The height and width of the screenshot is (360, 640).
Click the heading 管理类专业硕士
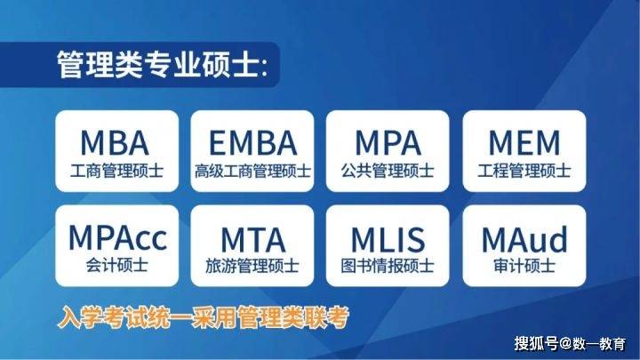158,65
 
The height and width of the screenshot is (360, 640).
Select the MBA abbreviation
115,143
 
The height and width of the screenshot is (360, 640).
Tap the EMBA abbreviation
252,143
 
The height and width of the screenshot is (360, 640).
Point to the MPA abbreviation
388,143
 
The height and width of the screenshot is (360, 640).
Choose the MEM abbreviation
524,143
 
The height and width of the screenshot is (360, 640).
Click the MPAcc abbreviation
117,238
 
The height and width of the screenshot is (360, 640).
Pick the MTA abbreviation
252,240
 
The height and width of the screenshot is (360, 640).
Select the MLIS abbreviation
388,240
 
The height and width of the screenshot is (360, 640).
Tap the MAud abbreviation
524,239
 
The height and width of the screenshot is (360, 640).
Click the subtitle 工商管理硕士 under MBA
116,171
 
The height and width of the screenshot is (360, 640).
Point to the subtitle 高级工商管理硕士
252,171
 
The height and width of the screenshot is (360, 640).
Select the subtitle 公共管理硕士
388,171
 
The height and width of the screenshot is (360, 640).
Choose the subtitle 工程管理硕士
524,171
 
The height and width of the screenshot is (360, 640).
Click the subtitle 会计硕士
116,266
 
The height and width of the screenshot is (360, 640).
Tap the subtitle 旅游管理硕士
252,266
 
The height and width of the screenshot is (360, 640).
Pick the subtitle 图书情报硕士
388,266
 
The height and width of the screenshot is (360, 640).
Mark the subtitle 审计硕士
524,266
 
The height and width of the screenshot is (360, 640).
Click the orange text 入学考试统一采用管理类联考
204,317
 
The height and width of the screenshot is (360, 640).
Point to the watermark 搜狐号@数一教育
570,343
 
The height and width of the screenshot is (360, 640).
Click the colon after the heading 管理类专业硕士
264,68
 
